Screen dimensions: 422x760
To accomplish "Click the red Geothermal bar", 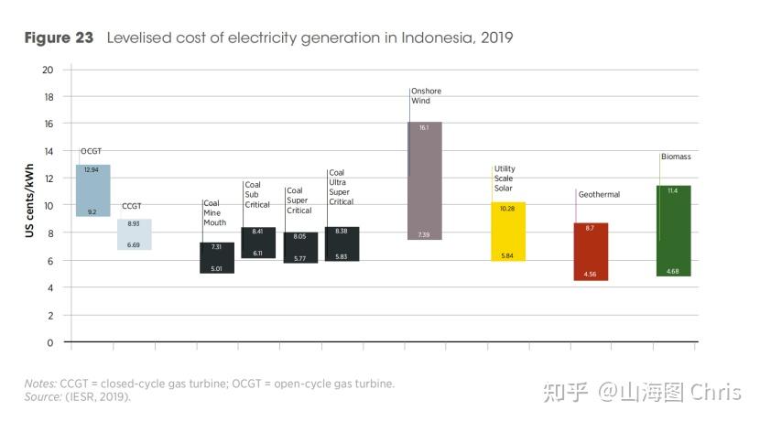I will pyautogui.click(x=591, y=251).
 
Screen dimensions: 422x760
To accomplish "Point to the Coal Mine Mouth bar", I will pyautogui.click(x=216, y=257).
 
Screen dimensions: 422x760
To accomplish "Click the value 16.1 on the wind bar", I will pyautogui.click(x=424, y=128).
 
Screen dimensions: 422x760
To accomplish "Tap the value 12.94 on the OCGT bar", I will pyautogui.click(x=92, y=170).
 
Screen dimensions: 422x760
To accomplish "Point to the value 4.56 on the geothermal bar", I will pyautogui.click(x=591, y=274).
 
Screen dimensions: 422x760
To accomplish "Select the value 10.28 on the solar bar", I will pyautogui.click(x=508, y=209).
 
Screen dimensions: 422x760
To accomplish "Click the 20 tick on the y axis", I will pyautogui.click(x=48, y=70).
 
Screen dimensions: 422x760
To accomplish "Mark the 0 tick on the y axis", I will pyautogui.click(x=50, y=342).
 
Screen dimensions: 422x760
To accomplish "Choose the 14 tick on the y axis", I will pyautogui.click(x=48, y=151).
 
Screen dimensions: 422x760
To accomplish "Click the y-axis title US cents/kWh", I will pyautogui.click(x=30, y=206).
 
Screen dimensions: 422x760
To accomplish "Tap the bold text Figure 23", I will pyautogui.click(x=59, y=38).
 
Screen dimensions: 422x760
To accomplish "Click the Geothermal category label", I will pyautogui.click(x=599, y=194).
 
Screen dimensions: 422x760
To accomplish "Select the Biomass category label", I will pyautogui.click(x=676, y=157).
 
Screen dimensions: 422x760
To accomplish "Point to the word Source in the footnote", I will pyautogui.click(x=40, y=396).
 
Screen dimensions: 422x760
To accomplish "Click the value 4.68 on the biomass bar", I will pyautogui.click(x=673, y=271).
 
